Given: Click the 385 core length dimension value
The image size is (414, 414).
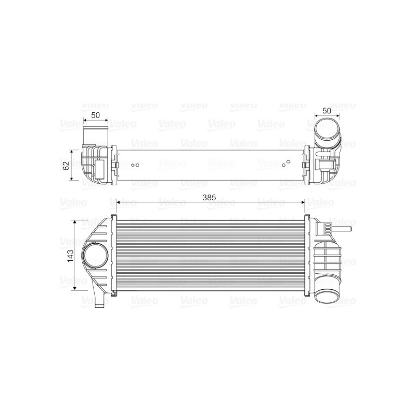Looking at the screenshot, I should point(209,197).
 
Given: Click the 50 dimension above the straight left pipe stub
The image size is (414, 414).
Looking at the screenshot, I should point(95,115).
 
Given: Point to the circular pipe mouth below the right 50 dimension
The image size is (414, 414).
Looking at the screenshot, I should point(327,129).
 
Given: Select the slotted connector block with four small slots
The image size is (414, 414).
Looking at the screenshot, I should point(327,228).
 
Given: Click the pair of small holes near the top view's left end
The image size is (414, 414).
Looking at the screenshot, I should point(136,166).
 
